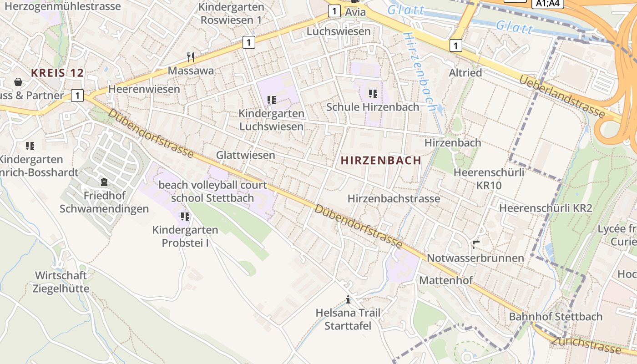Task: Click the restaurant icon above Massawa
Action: [191, 57]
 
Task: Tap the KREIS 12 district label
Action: [57, 73]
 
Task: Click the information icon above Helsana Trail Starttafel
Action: [348, 299]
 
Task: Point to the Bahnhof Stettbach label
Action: [556, 317]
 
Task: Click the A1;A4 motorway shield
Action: [548, 4]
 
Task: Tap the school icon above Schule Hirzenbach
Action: [373, 94]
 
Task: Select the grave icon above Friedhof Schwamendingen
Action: [104, 182]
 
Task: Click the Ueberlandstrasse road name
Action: [562, 97]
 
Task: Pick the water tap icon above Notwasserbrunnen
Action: [476, 245]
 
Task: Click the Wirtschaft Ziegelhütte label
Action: [61, 282]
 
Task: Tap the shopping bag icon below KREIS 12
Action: [18, 82]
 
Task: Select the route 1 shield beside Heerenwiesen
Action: [78, 96]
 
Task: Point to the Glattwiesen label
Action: [245, 155]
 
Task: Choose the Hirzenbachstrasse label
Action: [394, 199]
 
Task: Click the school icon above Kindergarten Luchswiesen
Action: [272, 100]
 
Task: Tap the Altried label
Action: [465, 73]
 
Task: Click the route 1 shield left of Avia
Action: [334, 11]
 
